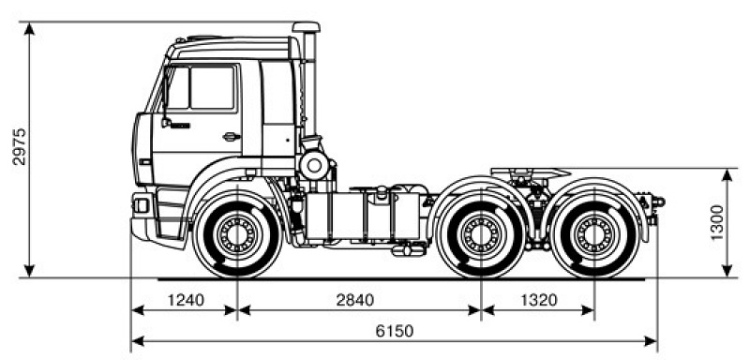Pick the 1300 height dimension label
717,223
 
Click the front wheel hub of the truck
235,234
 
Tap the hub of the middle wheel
481,234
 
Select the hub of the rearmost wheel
592,234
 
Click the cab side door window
211,88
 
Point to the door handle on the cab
230,137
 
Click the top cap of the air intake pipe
306,28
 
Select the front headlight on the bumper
142,204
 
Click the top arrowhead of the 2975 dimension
31,26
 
